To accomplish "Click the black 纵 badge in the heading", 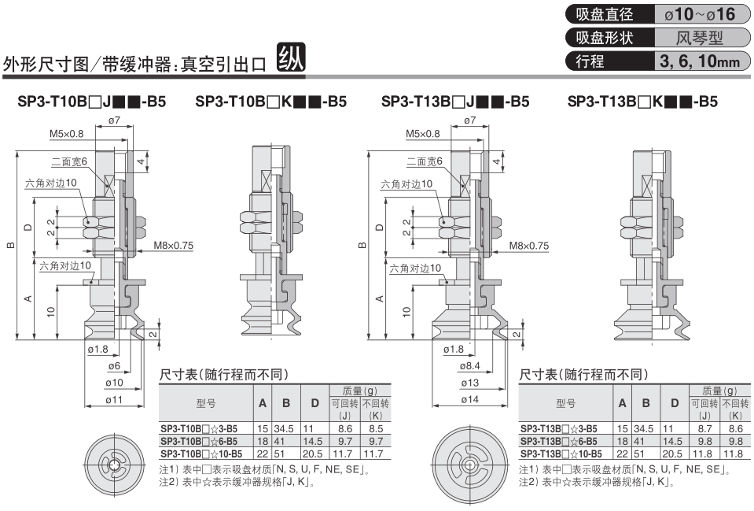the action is pos(291,58).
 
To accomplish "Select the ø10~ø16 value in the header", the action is pos(700,14).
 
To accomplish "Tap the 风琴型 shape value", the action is pos(700,38).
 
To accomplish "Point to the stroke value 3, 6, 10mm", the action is pos(700,61).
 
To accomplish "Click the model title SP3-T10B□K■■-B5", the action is pos(270,102).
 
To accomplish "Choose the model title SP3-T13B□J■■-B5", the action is pos(455,102).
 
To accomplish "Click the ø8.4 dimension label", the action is pos(469,366).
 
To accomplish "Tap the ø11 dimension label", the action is pos(114,400).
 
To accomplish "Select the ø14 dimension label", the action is pos(469,400).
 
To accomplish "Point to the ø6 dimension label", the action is pos(114,366).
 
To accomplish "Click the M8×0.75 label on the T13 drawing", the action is pos(529,246).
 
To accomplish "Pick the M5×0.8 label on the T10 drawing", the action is pos(66,134).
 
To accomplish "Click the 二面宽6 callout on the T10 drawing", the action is pos(68,161).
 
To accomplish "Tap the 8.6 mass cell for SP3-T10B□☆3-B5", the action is pos(345,428).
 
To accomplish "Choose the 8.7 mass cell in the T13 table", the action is pos(704,428).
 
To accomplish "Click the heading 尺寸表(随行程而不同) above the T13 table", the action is pos(583,375).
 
